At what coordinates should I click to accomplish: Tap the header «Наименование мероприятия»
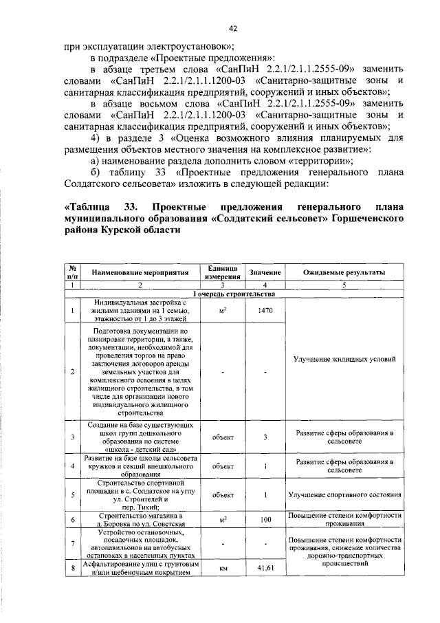(x=140, y=273)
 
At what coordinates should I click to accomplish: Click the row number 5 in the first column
(x=72, y=494)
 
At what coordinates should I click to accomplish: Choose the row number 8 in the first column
(x=72, y=568)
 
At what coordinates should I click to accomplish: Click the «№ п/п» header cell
(x=72, y=272)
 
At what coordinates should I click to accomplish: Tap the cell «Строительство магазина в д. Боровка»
(x=140, y=520)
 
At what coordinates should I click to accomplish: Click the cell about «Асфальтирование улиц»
(x=140, y=568)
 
